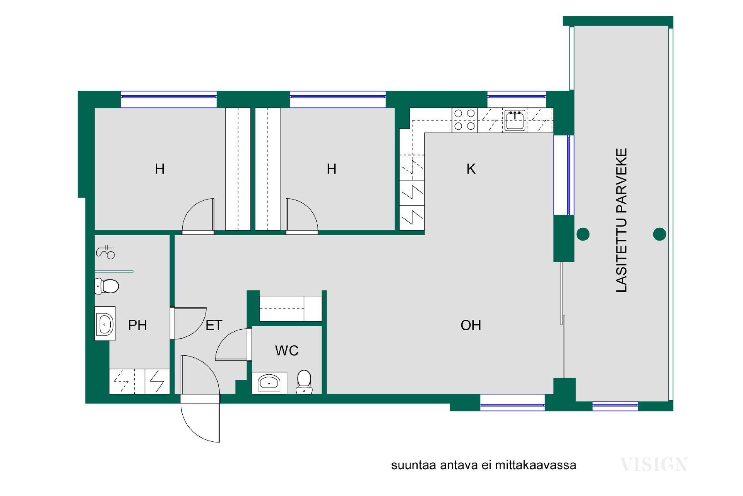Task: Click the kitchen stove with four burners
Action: [x=465, y=120]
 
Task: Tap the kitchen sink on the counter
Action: [x=515, y=120]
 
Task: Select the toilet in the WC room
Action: [x=304, y=382]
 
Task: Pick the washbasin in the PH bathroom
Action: [x=105, y=324]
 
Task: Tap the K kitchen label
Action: [x=471, y=169]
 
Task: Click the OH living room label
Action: [x=471, y=325]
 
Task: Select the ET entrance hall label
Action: [x=214, y=325]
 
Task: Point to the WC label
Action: [x=287, y=351]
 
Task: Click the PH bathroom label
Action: [x=137, y=325]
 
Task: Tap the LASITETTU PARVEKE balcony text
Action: [x=621, y=220]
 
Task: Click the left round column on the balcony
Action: [x=583, y=234]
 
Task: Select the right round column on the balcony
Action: [x=659, y=234]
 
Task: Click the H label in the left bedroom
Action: [x=160, y=169]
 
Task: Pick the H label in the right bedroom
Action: [x=331, y=169]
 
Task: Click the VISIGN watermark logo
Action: [x=654, y=464]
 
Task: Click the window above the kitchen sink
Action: [x=517, y=99]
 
